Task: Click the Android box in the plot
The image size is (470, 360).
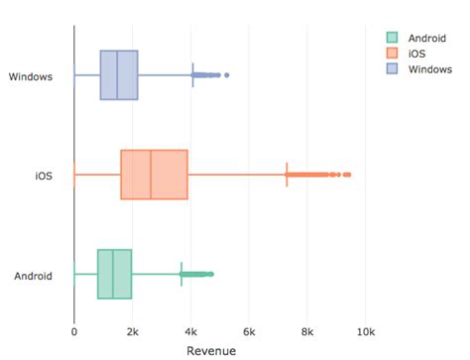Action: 114,274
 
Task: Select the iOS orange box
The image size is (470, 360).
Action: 154,175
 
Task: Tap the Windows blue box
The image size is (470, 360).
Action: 119,74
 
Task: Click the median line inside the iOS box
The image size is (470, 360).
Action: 151,175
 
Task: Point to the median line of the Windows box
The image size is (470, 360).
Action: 117,74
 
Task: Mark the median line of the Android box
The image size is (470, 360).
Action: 113,274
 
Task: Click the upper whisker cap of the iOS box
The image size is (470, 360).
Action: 287,175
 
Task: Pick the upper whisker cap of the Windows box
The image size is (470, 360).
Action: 192,74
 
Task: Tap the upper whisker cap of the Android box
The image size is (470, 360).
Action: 180,274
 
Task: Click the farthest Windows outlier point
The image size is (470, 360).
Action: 227,74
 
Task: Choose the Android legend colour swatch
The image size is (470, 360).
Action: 392,38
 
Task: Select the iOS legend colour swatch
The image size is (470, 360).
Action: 392,53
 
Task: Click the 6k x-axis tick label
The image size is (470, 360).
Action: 249,331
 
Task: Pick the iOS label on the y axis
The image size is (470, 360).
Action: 44,176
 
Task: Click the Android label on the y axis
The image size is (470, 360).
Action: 33,275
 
